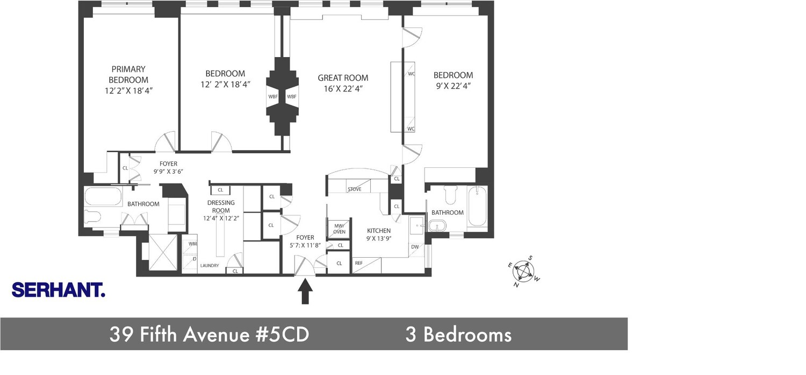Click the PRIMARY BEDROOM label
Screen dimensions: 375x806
click(128, 74)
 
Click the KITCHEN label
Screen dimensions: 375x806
click(379, 231)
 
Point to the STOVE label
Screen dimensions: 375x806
click(354, 189)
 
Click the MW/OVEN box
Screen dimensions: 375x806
click(339, 229)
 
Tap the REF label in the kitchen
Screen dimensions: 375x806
click(358, 263)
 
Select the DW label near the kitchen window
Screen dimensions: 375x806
click(414, 247)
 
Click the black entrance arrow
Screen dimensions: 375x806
click(305, 293)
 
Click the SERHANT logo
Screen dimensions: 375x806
click(58, 291)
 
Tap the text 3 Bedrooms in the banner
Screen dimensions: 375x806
click(458, 335)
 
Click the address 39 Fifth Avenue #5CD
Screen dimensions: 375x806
click(209, 335)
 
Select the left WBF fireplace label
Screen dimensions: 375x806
click(272, 97)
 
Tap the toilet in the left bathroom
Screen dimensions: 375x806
click(92, 217)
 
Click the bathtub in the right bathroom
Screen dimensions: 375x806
click(477, 209)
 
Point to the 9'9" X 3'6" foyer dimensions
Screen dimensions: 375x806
click(168, 172)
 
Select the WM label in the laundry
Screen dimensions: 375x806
click(193, 244)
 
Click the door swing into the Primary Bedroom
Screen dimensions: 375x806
click(166, 141)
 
